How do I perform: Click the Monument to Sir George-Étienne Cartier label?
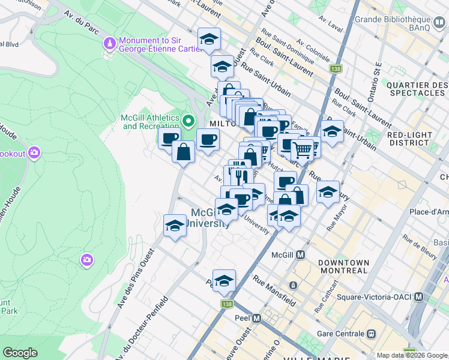pos(150,45)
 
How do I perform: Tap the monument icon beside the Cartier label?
pos(110,43)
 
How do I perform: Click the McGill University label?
pos(210,218)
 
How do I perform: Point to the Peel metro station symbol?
pos(257,318)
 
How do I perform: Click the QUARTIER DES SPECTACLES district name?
pos(417,89)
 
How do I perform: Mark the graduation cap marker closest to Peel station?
pos(224,281)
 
